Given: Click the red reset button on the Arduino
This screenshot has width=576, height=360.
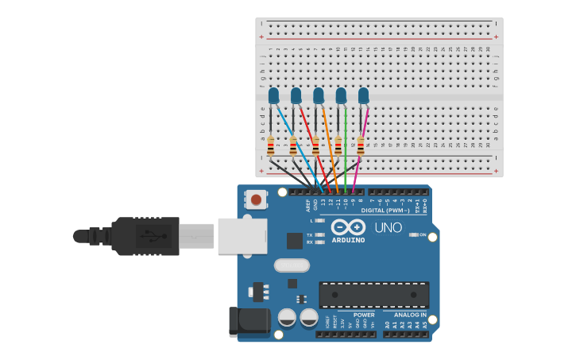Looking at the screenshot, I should point(256,199).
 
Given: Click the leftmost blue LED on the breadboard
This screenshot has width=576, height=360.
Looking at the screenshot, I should point(273,95).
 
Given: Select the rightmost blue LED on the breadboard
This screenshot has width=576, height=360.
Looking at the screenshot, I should point(363,95).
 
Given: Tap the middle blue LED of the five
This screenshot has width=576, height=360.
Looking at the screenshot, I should point(319,95).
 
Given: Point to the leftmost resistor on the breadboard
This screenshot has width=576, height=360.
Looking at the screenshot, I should point(271,146).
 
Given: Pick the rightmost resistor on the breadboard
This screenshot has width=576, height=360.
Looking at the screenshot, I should point(361,146).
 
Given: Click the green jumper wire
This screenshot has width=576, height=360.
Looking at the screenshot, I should point(346,151).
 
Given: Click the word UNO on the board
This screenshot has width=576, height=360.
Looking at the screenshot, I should point(388,228).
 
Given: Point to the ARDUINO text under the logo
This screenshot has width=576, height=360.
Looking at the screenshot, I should point(348,240).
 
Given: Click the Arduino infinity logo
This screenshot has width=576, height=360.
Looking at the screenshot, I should point(347,227).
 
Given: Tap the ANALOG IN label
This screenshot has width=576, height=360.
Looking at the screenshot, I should point(411,315).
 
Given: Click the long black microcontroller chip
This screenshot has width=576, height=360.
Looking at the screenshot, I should point(373,295).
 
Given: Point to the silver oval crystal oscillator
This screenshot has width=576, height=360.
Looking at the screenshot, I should point(292,265).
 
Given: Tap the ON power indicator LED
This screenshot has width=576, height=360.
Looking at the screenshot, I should point(414,234).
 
